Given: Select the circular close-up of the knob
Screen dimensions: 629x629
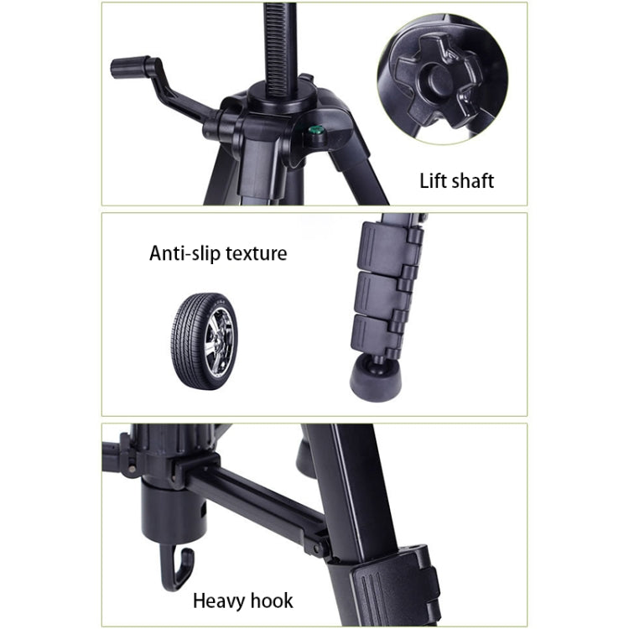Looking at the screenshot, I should point(443,79).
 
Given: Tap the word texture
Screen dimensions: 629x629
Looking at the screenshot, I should point(257,252).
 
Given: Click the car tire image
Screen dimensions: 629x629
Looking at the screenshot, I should point(204,340).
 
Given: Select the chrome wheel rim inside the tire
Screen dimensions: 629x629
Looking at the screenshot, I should point(219,341).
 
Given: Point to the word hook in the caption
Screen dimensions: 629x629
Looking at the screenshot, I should point(271,600).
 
